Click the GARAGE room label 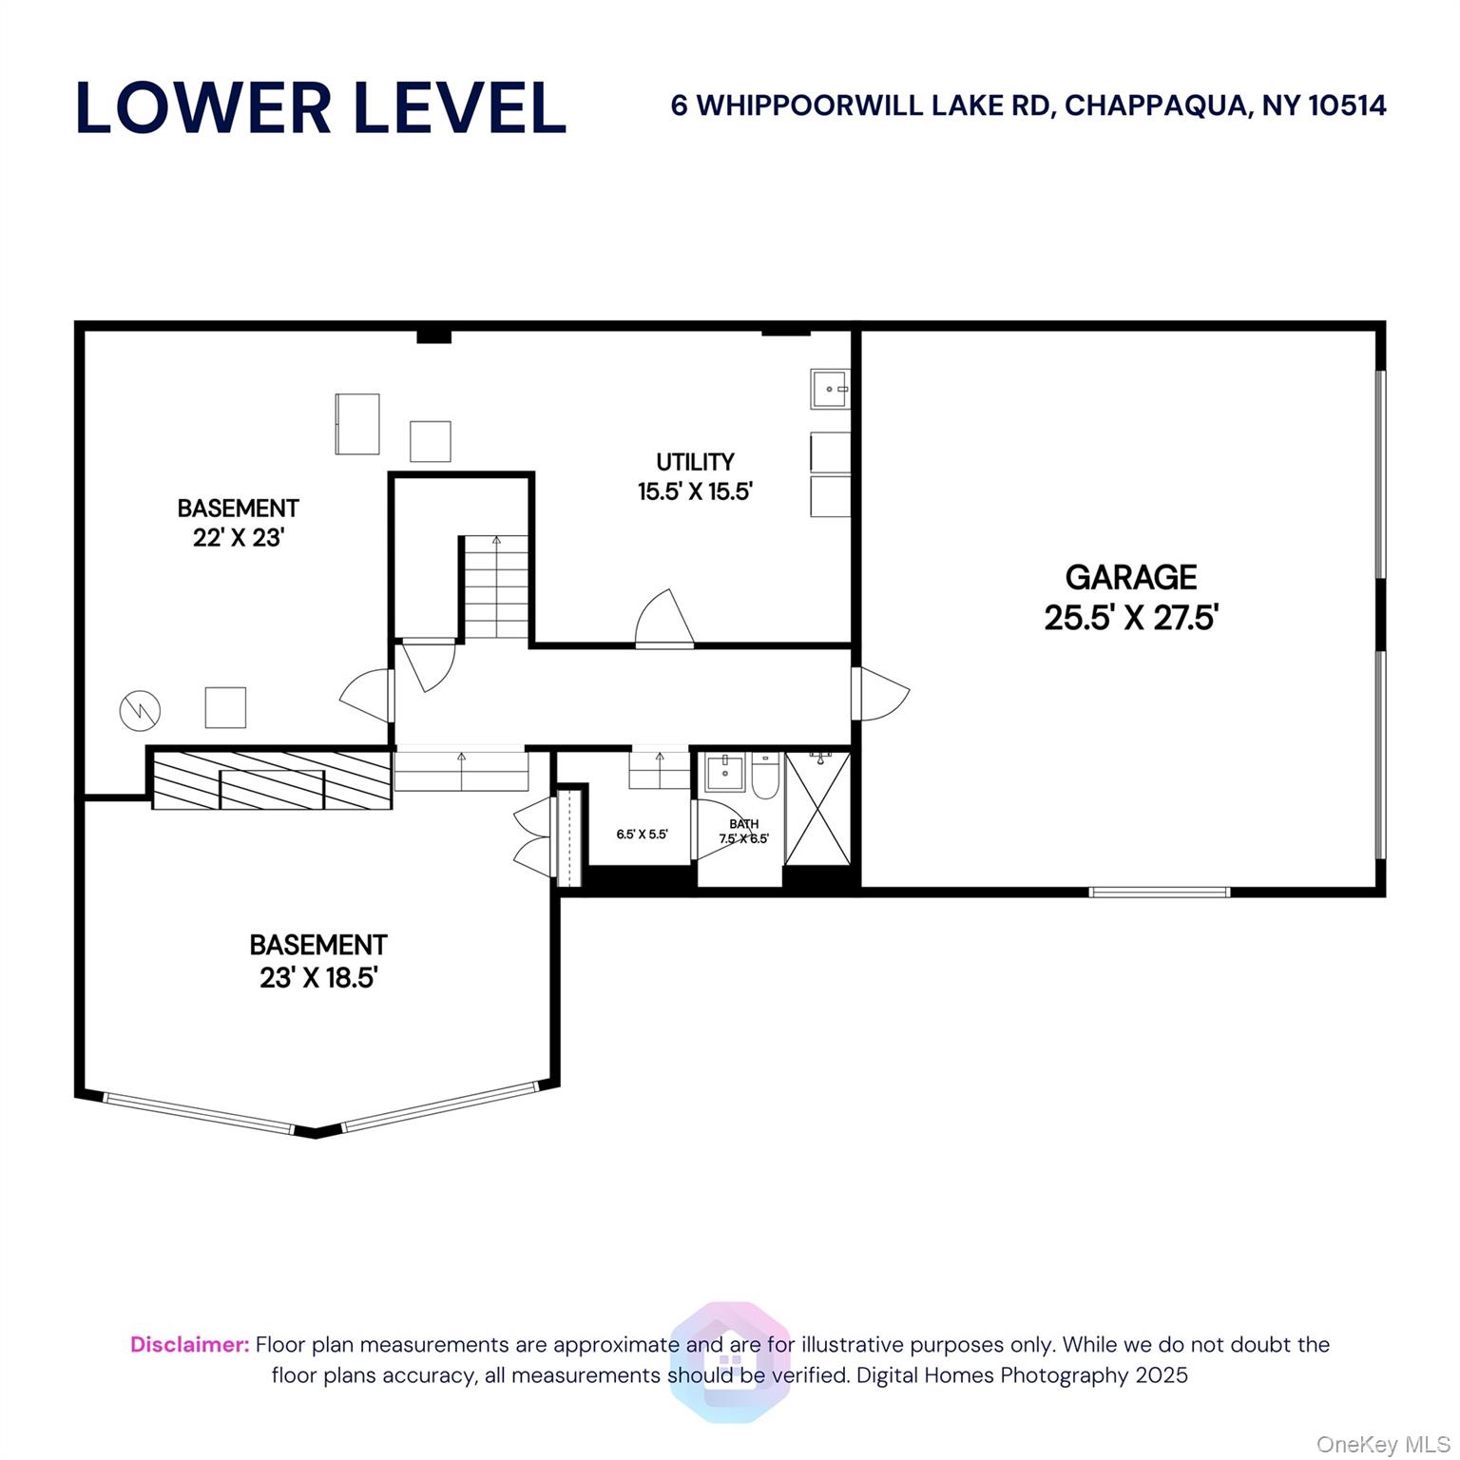[x=1130, y=577]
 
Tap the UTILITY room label [x=695, y=462]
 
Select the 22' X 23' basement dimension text [x=239, y=538]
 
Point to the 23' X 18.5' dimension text [x=318, y=977]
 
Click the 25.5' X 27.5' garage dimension [x=1131, y=618]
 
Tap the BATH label [x=743, y=823]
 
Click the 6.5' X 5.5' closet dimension [x=642, y=835]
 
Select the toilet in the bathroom [x=765, y=774]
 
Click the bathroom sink [x=725, y=772]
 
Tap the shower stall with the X [x=817, y=808]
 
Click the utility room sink [x=830, y=389]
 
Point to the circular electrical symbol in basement [x=140, y=710]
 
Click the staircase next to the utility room [x=496, y=586]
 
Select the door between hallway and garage [x=879, y=693]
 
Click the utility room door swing [x=664, y=618]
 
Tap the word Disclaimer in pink [x=190, y=1345]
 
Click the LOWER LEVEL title [x=321, y=107]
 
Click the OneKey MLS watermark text [x=1383, y=1445]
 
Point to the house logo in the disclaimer [x=730, y=1363]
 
